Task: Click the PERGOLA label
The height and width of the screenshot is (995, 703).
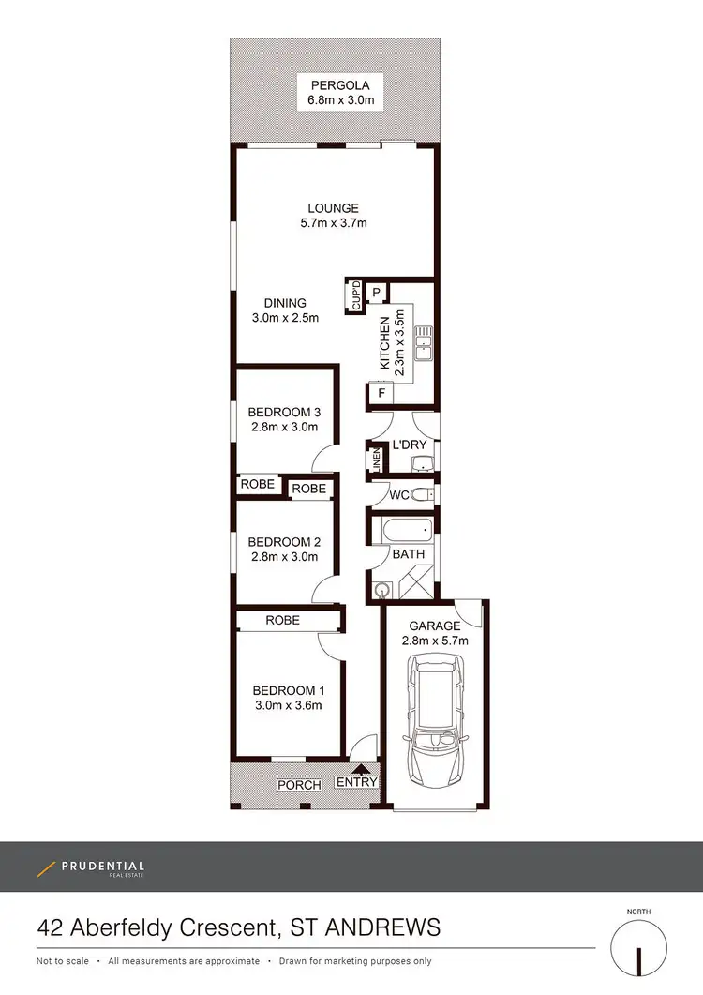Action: [335, 83]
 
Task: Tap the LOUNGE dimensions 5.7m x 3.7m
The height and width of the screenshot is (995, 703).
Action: [333, 223]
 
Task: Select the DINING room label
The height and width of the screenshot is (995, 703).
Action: [285, 303]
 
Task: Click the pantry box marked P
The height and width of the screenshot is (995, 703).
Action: [377, 293]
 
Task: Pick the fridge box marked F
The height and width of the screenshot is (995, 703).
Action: [381, 395]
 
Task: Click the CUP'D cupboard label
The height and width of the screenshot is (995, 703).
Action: [356, 296]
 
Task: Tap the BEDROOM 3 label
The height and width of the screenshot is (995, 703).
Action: [284, 412]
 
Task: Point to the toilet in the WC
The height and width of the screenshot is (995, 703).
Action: [423, 494]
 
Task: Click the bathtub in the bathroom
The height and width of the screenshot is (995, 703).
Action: [407, 531]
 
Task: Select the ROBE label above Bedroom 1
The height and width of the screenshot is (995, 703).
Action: [282, 620]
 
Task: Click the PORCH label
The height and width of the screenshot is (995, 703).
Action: [299, 785]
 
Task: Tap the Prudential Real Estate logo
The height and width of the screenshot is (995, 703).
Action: [91, 868]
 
